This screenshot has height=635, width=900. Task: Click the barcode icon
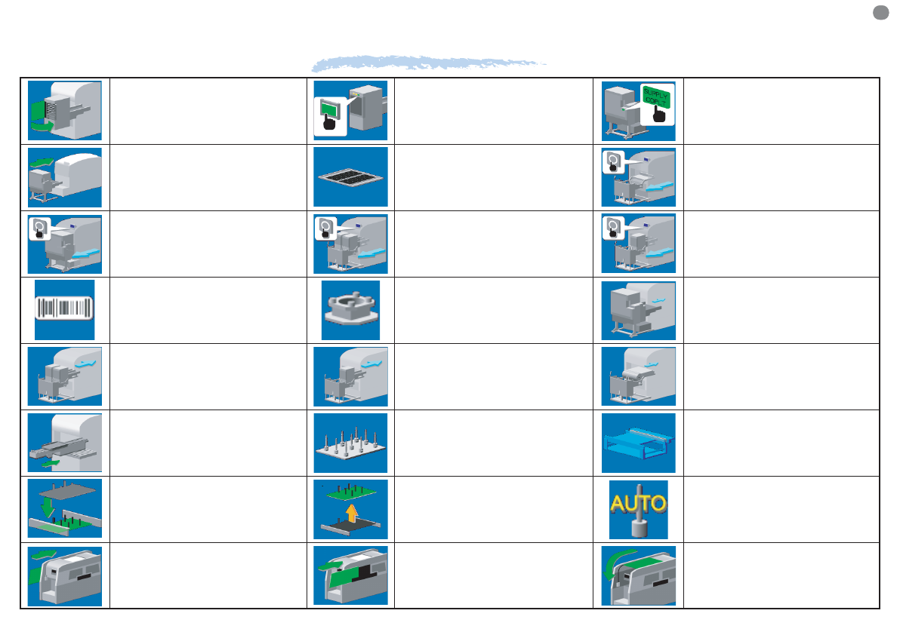coord(64,309)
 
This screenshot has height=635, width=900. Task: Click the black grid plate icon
coord(350,177)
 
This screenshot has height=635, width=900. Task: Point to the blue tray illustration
coord(638,443)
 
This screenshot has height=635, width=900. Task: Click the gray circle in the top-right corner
coord(879,12)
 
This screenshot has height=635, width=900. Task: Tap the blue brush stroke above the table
coord(430,63)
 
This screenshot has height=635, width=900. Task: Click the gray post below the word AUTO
coord(638,523)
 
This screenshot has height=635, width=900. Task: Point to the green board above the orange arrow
coord(351,490)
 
